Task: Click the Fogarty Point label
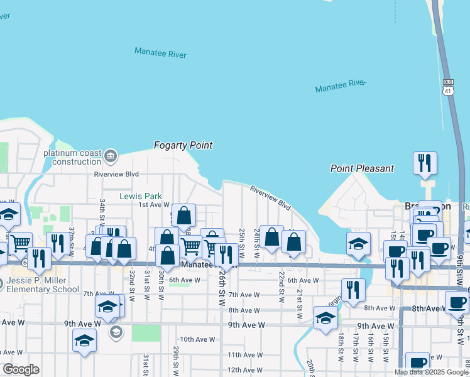pos(183,145)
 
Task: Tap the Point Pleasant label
pos(363,168)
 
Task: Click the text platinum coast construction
pos(73,157)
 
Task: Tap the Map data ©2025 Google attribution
pos(431,372)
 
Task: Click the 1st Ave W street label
pos(154,205)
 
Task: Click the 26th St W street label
pos(222,288)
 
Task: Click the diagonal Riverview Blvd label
pos(271,197)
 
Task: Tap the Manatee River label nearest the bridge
pos(340,85)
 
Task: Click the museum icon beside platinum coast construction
pos(111,155)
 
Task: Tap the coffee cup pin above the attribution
pos(417,363)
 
